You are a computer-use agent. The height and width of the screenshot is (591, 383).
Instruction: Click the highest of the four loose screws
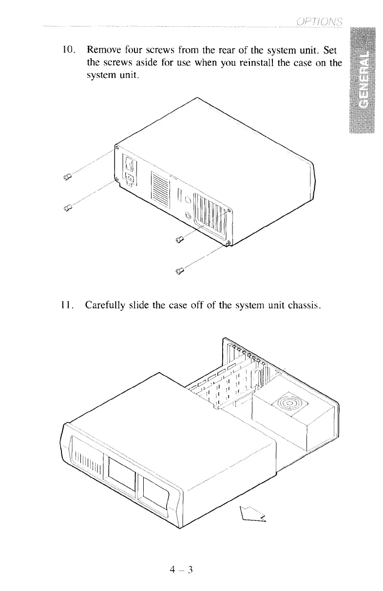pos(68,177)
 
